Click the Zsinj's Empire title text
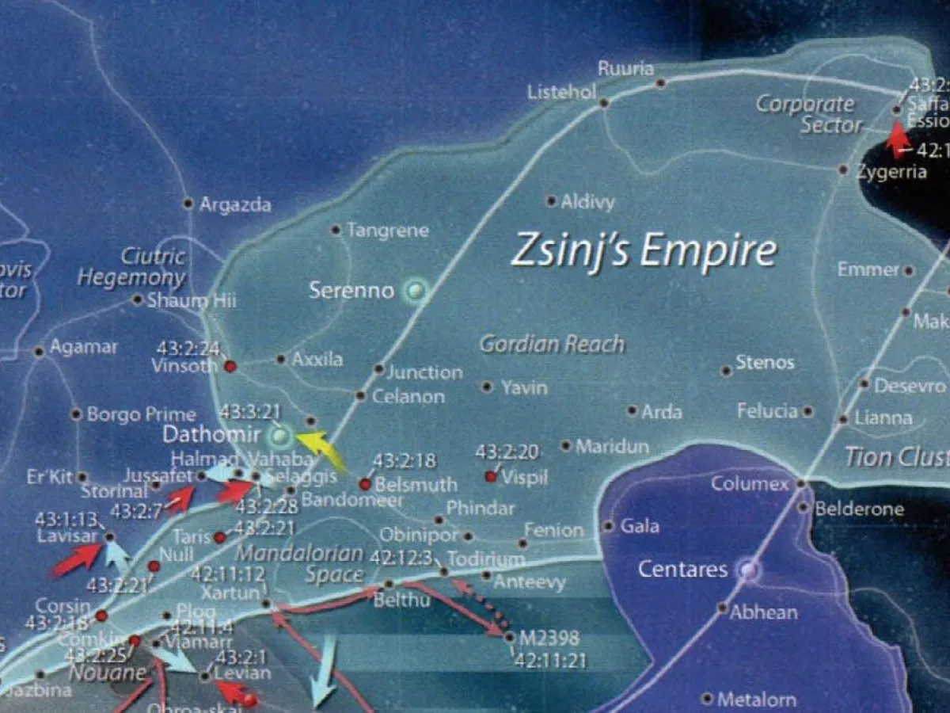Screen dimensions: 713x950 [644, 251]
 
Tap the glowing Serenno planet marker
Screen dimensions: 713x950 [413, 292]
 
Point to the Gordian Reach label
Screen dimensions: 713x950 [552, 345]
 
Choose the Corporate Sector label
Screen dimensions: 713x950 [806, 114]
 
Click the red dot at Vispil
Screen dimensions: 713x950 [490, 476]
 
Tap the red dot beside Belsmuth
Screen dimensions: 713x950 [365, 484]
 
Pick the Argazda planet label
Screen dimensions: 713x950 [235, 205]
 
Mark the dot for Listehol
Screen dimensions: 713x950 [603, 102]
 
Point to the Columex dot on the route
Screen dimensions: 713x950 [800, 482]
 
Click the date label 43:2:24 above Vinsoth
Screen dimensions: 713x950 [188, 348]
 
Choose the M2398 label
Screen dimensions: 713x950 [549, 639]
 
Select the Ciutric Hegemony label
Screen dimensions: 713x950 [131, 267]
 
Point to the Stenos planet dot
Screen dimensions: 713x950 [725, 371]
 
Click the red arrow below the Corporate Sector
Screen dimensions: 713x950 [898, 139]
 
